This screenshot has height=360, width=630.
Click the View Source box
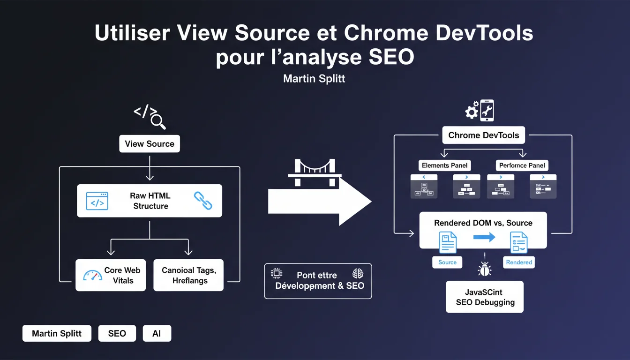(x=150, y=144)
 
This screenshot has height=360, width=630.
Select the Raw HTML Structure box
(x=150, y=201)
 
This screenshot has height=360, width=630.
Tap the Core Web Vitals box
(x=111, y=275)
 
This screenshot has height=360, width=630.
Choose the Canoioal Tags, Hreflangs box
(x=188, y=275)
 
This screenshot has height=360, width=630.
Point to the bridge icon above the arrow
(x=315, y=168)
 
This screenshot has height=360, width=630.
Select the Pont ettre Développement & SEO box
(x=318, y=281)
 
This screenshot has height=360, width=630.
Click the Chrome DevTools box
(x=483, y=135)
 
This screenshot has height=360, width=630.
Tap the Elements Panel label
(x=444, y=165)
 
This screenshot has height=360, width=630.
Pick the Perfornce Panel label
(x=522, y=165)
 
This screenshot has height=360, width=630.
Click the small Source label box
(x=447, y=262)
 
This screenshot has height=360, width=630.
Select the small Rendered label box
(x=519, y=262)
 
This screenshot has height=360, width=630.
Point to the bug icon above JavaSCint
(x=484, y=269)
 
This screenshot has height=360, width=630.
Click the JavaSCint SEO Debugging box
(x=485, y=297)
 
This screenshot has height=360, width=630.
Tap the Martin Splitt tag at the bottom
(x=57, y=333)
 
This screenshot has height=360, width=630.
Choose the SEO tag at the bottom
(x=117, y=333)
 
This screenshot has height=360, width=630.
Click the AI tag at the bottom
(x=157, y=333)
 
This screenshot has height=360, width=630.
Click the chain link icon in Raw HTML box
(x=203, y=201)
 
